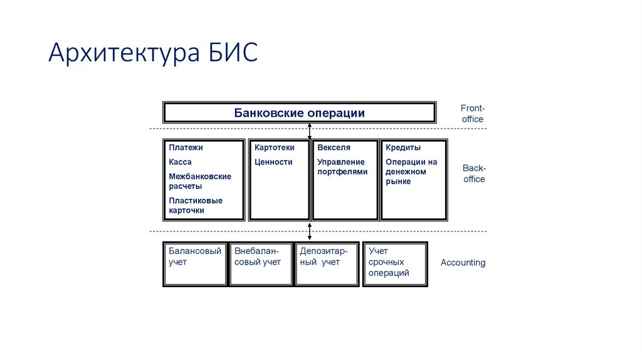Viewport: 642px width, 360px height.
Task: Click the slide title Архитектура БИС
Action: point(153,53)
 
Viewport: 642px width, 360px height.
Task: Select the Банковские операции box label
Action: point(299,113)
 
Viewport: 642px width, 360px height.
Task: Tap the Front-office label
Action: point(472,114)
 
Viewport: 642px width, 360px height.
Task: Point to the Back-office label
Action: point(474,174)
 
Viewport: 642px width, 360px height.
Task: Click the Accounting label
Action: point(463,263)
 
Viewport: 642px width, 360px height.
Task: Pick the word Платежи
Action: point(186,148)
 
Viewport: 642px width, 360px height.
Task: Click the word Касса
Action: point(180,162)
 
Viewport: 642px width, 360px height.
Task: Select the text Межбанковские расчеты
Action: point(199,181)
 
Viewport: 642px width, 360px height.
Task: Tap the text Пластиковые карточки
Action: point(196,206)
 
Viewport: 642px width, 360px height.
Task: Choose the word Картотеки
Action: point(274,148)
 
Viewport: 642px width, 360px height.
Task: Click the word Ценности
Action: point(273,162)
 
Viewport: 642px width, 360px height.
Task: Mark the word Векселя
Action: point(334,148)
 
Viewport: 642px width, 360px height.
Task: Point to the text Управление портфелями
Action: point(342,167)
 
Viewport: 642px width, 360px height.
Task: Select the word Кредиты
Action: point(403,148)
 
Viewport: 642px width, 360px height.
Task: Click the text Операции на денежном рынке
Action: point(411,172)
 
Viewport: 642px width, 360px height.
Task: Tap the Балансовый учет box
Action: point(195,263)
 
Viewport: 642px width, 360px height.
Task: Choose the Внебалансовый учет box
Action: point(260,263)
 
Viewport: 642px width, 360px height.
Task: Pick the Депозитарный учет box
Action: point(326,263)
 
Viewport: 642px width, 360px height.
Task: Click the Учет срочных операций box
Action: point(395,263)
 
